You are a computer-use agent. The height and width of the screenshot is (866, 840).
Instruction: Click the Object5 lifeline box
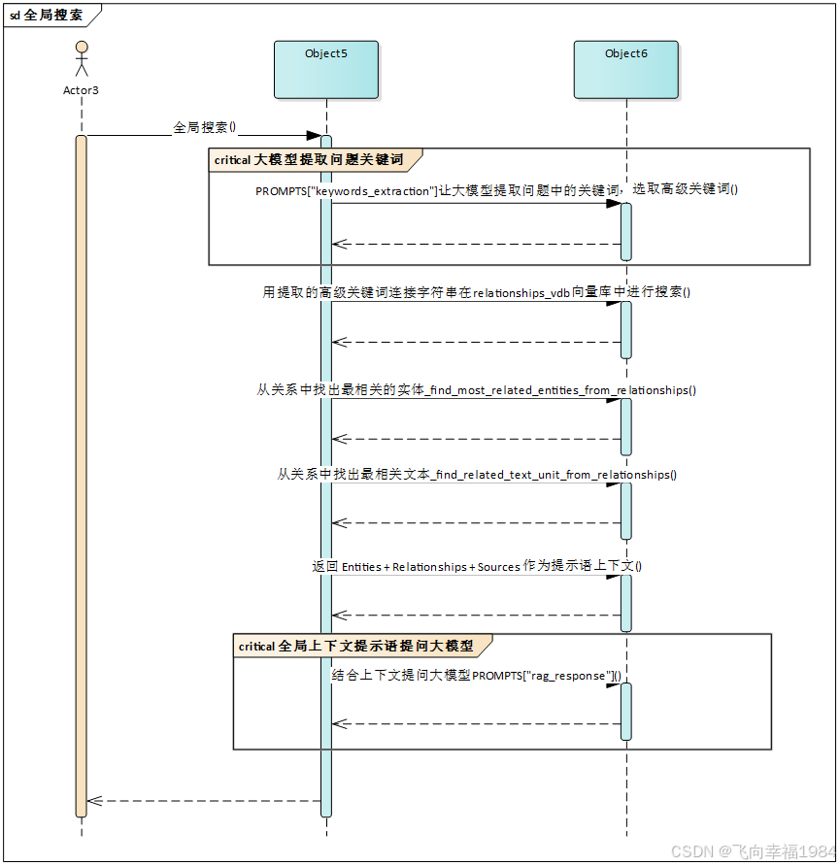point(326,70)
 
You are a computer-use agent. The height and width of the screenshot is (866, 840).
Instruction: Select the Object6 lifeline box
point(625,70)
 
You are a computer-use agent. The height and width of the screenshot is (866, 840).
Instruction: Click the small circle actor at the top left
point(83,47)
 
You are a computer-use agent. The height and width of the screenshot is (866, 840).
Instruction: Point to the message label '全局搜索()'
point(205,127)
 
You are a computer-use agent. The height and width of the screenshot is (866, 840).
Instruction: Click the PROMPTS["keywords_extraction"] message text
point(497,190)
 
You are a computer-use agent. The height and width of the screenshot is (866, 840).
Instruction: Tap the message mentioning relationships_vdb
point(476,292)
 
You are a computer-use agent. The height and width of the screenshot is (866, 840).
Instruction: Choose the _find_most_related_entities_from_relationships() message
point(476,389)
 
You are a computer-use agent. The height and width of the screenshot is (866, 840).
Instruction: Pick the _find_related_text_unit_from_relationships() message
point(477,474)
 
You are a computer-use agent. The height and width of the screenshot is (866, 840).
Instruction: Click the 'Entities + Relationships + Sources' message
point(477,566)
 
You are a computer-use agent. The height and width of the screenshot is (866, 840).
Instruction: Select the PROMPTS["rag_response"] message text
point(477,675)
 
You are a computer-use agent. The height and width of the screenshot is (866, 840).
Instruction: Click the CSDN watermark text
point(752,849)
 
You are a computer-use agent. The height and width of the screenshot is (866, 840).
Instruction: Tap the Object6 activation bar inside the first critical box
point(626,231)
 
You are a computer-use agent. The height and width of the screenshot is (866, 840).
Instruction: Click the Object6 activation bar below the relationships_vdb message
point(626,329)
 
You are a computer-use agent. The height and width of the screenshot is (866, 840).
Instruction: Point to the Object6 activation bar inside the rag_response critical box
point(626,712)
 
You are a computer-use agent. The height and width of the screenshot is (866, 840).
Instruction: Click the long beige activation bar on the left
point(82,476)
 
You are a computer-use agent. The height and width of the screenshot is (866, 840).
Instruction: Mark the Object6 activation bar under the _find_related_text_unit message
point(626,511)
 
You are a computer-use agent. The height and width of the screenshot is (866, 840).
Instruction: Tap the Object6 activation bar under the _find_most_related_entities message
point(626,426)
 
